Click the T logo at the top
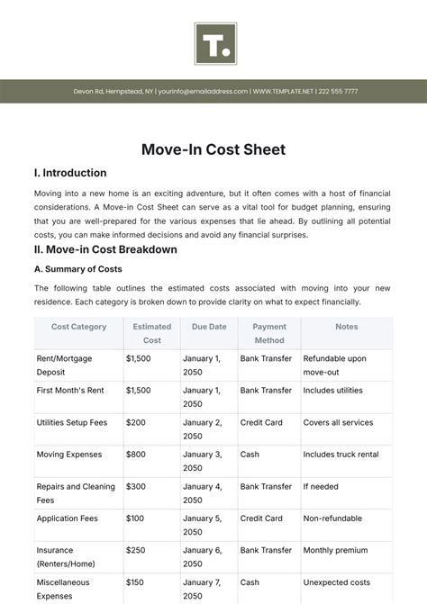point(214,43)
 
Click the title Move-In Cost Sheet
point(213,149)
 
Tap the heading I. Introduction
point(70,173)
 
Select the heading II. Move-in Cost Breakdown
point(105,249)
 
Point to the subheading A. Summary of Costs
point(77,269)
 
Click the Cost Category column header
point(79,327)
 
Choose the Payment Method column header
point(269,333)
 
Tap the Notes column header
point(347,327)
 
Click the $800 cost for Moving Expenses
point(136,455)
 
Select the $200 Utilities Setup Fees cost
point(136,422)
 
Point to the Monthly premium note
point(335,550)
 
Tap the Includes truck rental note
point(341,455)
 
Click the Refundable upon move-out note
point(335,365)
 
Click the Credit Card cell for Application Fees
point(261,518)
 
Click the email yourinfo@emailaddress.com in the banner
point(203,92)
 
